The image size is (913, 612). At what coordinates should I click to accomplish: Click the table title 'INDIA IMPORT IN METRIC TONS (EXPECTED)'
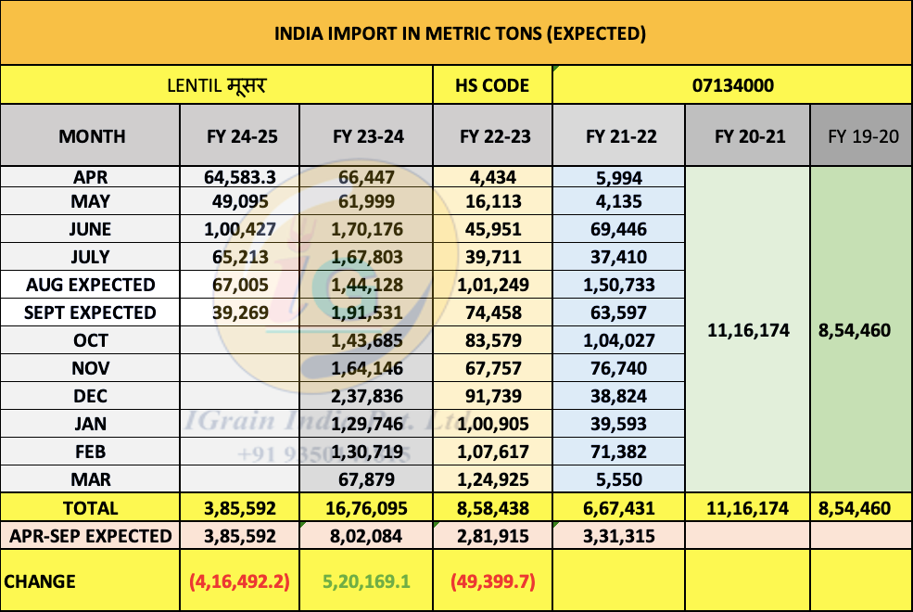pyautogui.click(x=460, y=34)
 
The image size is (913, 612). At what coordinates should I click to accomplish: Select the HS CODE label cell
pyautogui.click(x=491, y=86)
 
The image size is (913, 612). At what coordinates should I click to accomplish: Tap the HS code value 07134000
pyautogui.click(x=733, y=86)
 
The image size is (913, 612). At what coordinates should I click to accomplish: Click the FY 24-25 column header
pyautogui.click(x=241, y=136)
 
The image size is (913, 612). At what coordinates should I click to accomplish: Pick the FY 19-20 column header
pyautogui.click(x=863, y=136)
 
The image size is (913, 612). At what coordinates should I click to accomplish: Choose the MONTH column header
pyautogui.click(x=91, y=136)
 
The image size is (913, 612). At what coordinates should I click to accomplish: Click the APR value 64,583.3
pyautogui.click(x=241, y=173)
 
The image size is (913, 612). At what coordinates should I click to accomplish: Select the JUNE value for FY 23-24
pyautogui.click(x=368, y=229)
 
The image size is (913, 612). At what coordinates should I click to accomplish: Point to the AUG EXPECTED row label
pyautogui.click(x=91, y=285)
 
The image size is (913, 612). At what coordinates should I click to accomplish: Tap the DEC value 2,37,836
pyautogui.click(x=368, y=396)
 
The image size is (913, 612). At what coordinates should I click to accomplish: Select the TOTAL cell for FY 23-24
pyautogui.click(x=368, y=508)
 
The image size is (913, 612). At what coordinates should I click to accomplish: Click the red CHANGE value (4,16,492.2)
pyautogui.click(x=241, y=582)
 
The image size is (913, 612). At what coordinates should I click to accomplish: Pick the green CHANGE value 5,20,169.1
pyautogui.click(x=368, y=582)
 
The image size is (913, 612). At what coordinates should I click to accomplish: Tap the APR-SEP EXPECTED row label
pyautogui.click(x=91, y=536)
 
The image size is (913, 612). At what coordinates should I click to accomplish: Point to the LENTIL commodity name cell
pyautogui.click(x=217, y=86)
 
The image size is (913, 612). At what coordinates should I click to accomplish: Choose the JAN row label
pyautogui.click(x=91, y=424)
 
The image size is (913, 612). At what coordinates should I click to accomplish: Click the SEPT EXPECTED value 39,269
pyautogui.click(x=241, y=312)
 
